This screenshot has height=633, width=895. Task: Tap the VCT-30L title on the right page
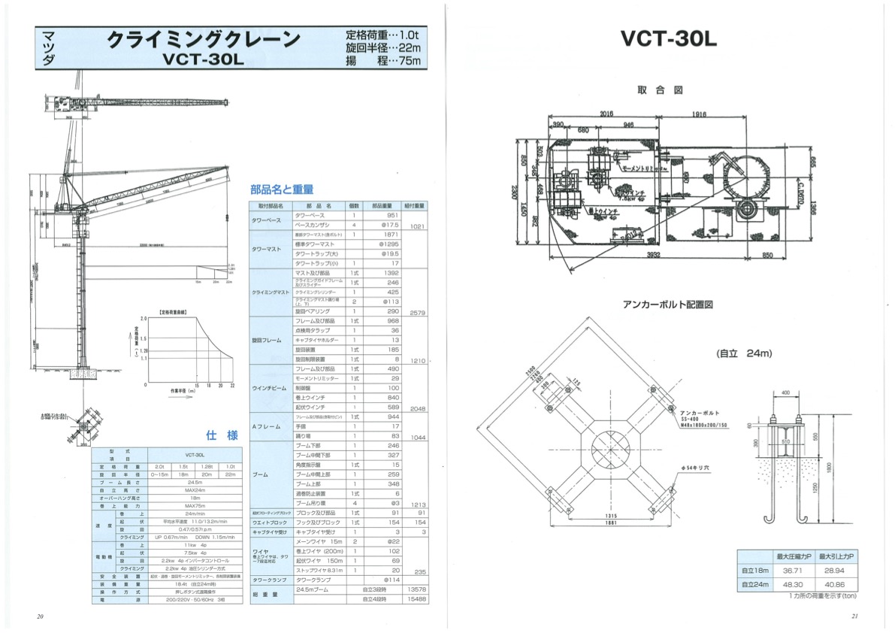(669, 38)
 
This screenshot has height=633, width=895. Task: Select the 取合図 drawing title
(660, 90)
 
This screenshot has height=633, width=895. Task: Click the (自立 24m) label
(744, 353)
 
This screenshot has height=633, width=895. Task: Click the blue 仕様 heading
(222, 435)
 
